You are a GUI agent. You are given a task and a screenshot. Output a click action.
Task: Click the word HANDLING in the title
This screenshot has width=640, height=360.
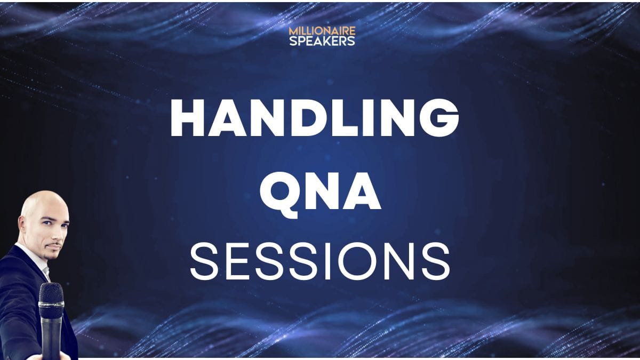(315, 117)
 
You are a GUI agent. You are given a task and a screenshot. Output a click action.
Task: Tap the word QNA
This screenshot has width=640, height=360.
(320, 194)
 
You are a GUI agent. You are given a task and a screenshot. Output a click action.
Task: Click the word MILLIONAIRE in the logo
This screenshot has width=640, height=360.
(322, 31)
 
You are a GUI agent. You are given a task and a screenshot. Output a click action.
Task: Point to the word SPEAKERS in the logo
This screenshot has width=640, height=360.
(322, 41)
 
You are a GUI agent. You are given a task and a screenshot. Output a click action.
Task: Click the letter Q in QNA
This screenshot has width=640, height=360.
(281, 195)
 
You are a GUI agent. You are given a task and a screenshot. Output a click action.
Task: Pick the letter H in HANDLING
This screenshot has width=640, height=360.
(187, 117)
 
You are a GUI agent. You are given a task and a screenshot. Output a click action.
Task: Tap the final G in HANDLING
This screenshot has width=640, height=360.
(439, 117)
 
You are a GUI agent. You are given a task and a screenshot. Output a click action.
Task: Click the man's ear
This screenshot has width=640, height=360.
(21, 225)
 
